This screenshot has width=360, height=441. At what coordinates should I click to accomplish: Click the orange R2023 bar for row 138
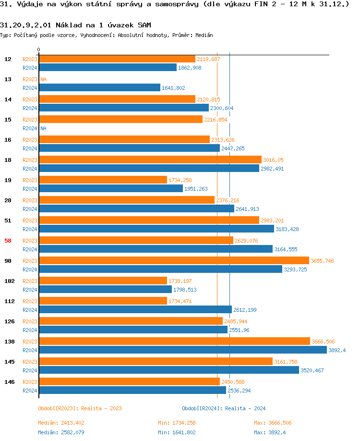(174, 341)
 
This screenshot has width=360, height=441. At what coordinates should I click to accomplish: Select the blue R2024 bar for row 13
(99, 87)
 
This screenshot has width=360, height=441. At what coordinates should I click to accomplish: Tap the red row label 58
(8, 241)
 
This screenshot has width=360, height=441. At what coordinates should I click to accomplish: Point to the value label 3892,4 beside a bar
(337, 350)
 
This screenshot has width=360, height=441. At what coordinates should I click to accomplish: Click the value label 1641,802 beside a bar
(173, 88)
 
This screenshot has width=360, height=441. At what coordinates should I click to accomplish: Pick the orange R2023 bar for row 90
(174, 260)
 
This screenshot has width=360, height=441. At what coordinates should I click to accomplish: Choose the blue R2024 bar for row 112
(135, 309)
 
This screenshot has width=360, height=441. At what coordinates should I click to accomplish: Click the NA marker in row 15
(43, 128)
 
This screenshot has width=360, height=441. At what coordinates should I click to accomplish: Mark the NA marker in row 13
(43, 79)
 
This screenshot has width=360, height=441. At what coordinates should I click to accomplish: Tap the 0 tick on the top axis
(38, 50)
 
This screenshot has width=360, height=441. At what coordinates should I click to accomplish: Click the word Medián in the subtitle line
(204, 35)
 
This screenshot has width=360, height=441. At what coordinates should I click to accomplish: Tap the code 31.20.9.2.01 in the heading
(26, 24)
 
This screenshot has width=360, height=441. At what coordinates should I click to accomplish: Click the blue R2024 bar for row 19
(110, 188)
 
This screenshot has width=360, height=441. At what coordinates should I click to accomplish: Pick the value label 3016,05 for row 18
(273, 160)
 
